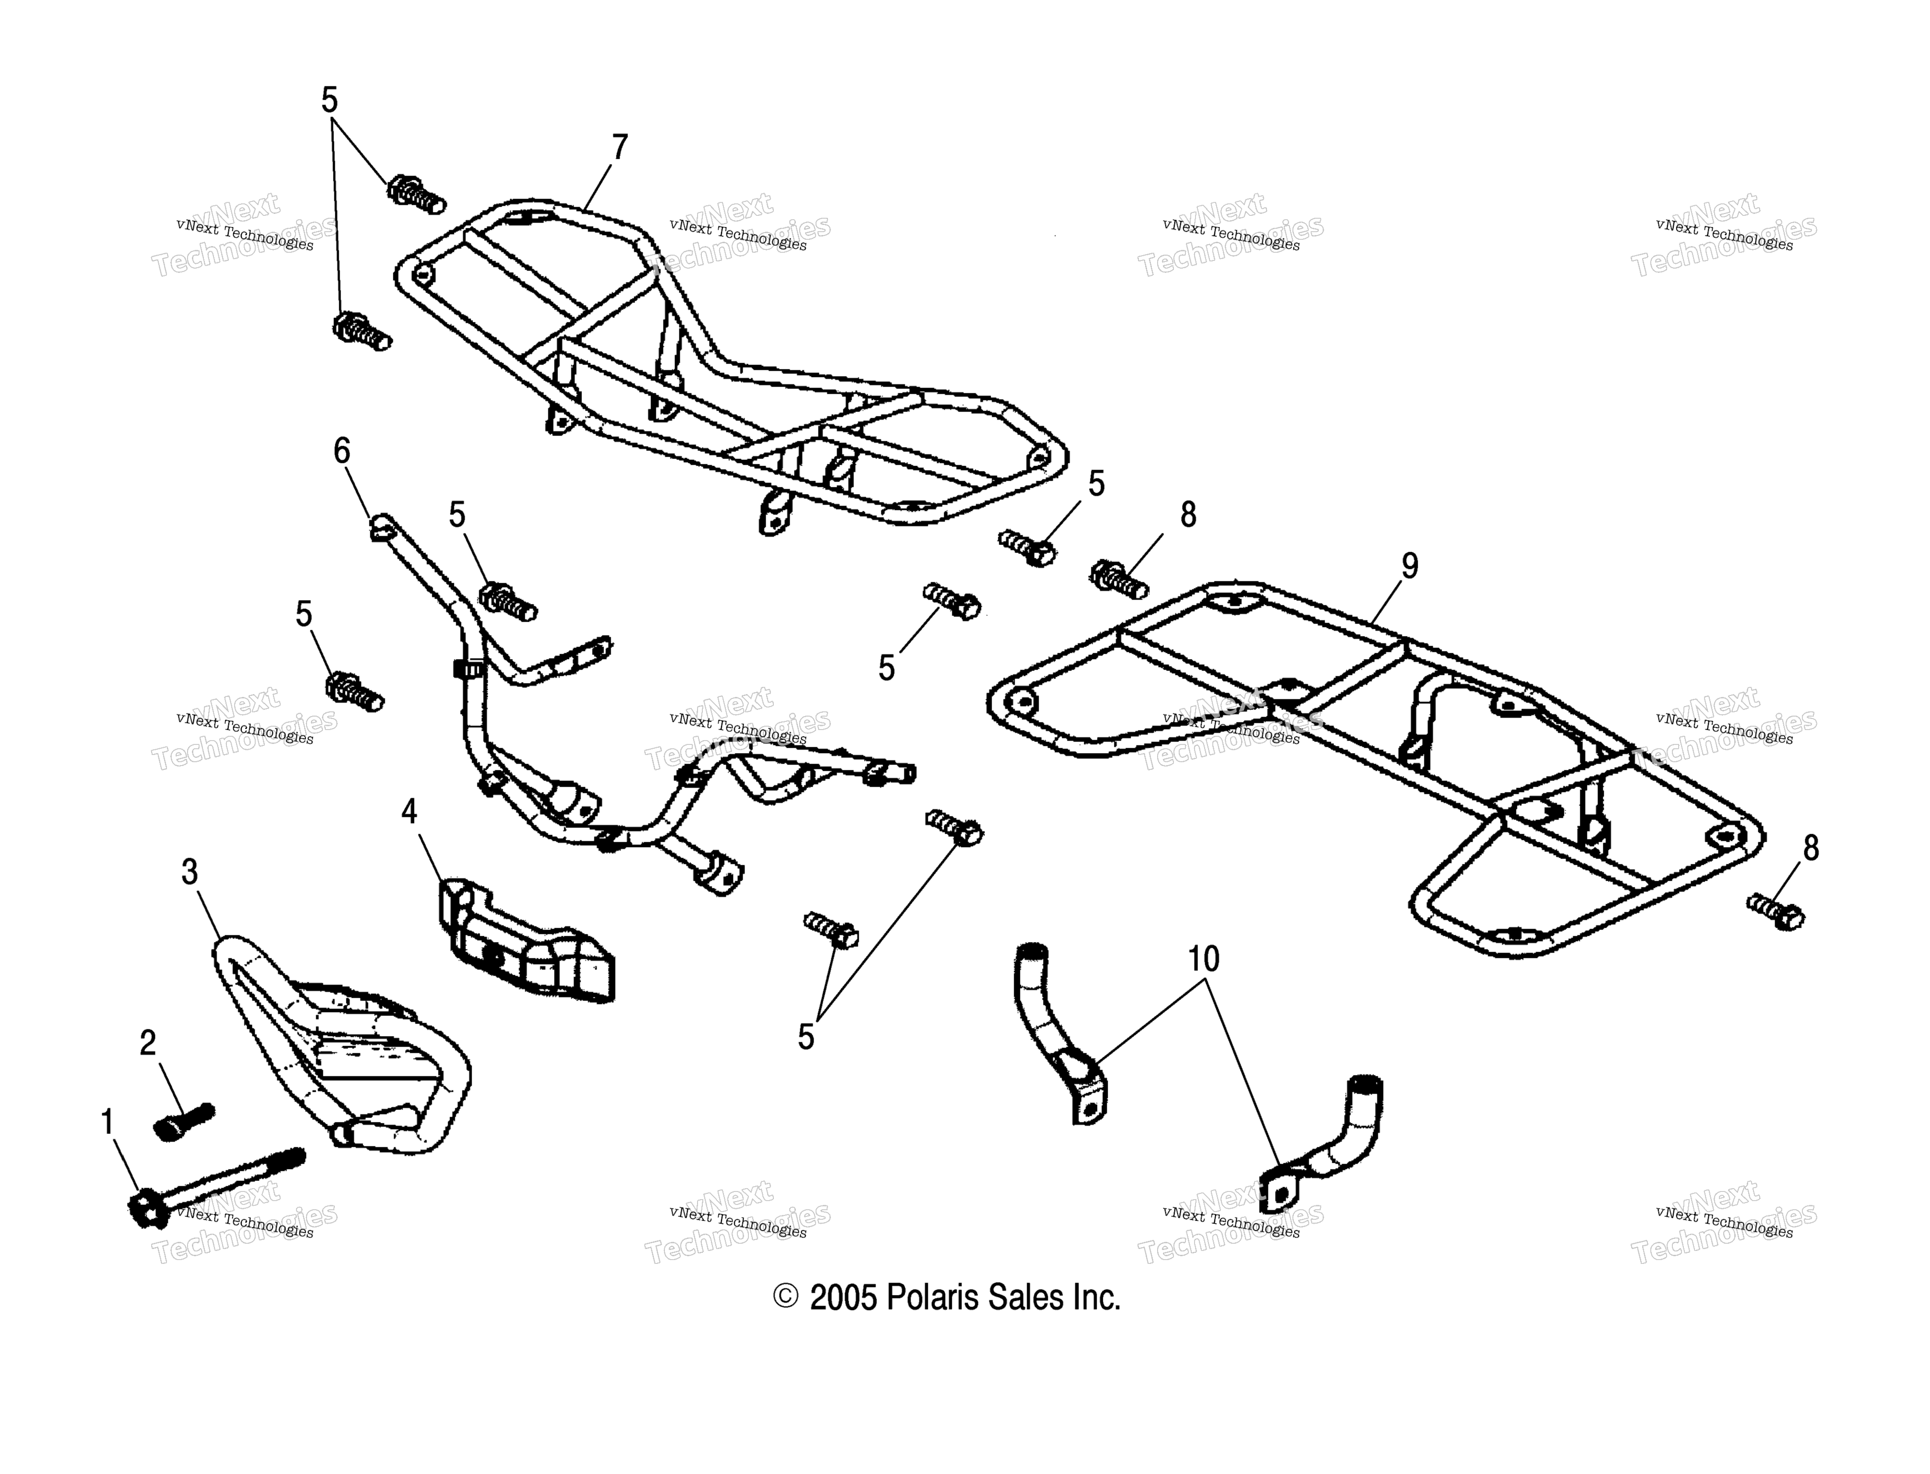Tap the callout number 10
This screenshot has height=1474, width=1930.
point(1204,959)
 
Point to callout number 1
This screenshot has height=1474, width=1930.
point(108,1121)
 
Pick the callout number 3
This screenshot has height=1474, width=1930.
point(189,871)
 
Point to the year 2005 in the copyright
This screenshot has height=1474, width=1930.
point(843,1297)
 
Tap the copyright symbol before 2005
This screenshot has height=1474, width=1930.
point(785,1297)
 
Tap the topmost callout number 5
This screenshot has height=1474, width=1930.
point(329,100)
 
